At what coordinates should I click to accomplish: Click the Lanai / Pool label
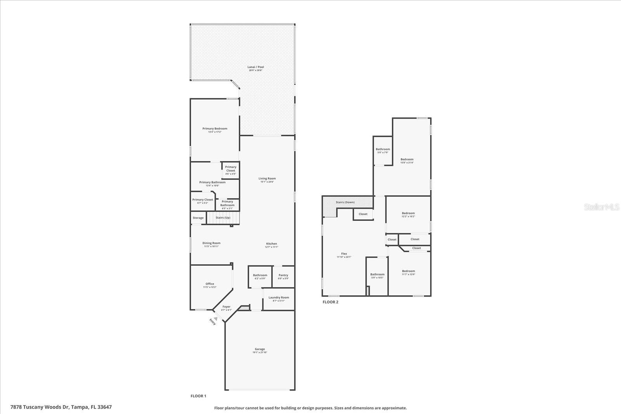(256, 67)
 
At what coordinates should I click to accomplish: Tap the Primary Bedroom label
(215, 128)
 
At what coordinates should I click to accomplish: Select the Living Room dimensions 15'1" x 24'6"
(267, 182)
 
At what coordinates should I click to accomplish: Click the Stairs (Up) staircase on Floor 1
(223, 218)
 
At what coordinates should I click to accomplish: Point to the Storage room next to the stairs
(198, 218)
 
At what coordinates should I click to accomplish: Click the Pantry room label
(283, 275)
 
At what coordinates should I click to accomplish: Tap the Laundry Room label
(279, 298)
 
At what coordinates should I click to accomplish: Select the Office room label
(210, 284)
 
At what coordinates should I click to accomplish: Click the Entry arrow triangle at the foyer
(216, 318)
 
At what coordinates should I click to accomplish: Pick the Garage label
(260, 349)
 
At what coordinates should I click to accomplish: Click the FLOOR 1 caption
(198, 396)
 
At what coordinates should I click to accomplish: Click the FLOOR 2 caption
(330, 302)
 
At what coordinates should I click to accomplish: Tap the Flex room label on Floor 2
(344, 253)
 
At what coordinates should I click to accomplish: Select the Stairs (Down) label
(345, 202)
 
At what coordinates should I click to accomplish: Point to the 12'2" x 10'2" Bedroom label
(408, 213)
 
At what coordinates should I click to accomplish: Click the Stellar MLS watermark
(602, 207)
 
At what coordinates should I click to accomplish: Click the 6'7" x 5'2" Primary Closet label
(203, 199)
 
